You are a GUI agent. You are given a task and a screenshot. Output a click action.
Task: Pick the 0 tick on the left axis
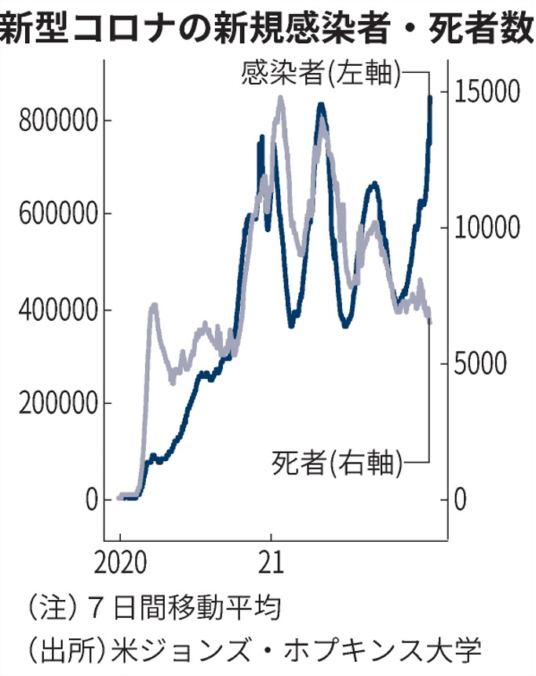tap(93, 500)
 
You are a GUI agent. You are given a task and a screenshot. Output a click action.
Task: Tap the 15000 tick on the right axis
tap(488, 92)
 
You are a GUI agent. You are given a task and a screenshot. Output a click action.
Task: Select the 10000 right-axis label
tap(488, 227)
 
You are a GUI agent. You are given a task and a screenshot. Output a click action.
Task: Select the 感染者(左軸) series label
tap(323, 75)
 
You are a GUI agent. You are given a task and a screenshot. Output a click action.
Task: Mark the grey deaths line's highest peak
tap(281, 99)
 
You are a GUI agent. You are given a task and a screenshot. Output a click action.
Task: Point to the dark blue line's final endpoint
tap(430, 98)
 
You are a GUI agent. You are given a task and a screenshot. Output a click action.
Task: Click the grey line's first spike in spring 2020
tap(154, 305)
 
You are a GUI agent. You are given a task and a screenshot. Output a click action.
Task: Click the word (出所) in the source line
tap(65, 649)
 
